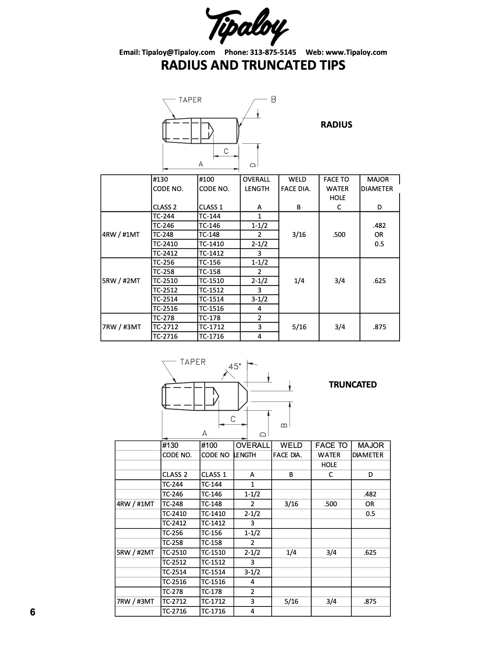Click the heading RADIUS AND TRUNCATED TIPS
pyautogui.click(x=253, y=65)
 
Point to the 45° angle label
pyautogui.click(x=235, y=366)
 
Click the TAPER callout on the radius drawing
pyautogui.click(x=190, y=100)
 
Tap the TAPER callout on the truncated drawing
pyautogui.click(x=193, y=362)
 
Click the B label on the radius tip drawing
pyautogui.click(x=274, y=99)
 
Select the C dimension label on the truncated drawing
pyautogui.click(x=233, y=419)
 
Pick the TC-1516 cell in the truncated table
pyautogui.click(x=213, y=582)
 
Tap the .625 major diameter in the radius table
pyautogui.click(x=379, y=281)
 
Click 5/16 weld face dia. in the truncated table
pyautogui.click(x=291, y=601)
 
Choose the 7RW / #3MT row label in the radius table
pyautogui.click(x=121, y=327)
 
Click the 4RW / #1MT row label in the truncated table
pyautogui.click(x=135, y=504)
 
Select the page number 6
pyautogui.click(x=32, y=612)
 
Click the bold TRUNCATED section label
pyautogui.click(x=353, y=384)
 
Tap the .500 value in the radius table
pyautogui.click(x=339, y=235)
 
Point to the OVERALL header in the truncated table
pyautogui.click(x=252, y=445)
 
